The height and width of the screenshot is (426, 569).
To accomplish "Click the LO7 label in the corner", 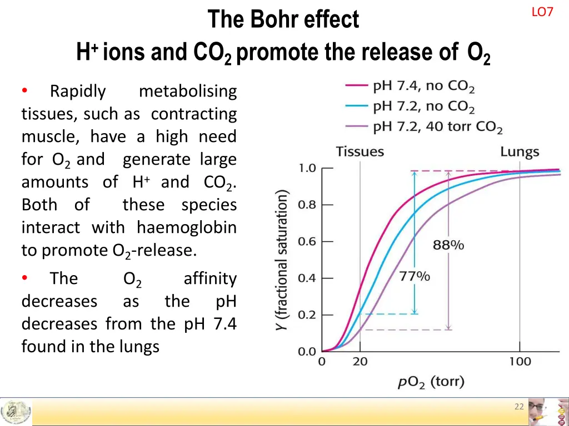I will point(542,12).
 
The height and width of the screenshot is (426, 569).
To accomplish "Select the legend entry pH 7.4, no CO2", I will point(423,87).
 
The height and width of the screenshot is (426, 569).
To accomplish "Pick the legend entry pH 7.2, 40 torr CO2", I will point(437,128).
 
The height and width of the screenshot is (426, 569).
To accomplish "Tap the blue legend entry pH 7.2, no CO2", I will point(423,107).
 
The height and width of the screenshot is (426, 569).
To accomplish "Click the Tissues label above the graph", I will point(360,152).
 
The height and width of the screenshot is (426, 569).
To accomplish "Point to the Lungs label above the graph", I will point(520,152).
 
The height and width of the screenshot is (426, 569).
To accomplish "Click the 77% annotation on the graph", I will point(415,276).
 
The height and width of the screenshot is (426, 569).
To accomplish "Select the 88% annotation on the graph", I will point(448,245).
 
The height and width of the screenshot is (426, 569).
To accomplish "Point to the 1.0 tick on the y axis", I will point(307,168).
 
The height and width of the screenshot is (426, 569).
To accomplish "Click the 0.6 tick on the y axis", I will point(307,241).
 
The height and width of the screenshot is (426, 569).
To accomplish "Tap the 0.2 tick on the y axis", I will point(307,315).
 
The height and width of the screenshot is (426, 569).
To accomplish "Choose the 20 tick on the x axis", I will point(360,362).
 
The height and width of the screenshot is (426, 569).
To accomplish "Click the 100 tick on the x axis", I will point(520,362).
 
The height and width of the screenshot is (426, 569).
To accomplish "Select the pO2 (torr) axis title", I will point(431,382).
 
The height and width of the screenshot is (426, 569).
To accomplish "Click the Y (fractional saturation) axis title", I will point(282,261).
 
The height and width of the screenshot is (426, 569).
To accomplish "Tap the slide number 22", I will point(519,407).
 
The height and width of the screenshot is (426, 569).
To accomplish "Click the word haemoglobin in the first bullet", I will point(187,227).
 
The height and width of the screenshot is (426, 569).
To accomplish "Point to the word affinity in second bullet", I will point(210,278).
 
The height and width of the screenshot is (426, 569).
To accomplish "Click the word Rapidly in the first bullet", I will point(78,91).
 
